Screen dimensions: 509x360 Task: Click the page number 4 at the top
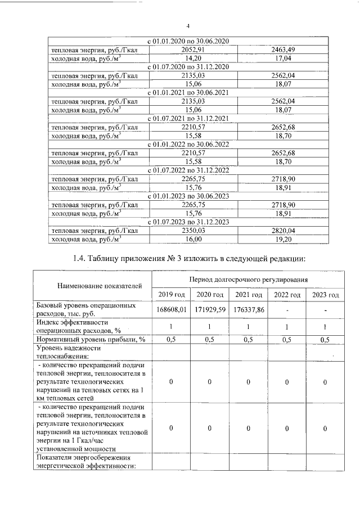click(x=188, y=26)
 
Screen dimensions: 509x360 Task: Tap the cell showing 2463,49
click(x=283, y=49)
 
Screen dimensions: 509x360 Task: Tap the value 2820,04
click(x=283, y=231)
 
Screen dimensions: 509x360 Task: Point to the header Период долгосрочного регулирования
click(x=248, y=279)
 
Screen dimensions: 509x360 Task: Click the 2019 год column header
click(x=171, y=295)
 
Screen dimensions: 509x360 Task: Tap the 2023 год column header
click(x=325, y=295)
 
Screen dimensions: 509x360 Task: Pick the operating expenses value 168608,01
click(x=171, y=309)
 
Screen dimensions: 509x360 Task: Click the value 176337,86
click(x=248, y=309)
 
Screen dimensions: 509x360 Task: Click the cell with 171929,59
click(x=209, y=309)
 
